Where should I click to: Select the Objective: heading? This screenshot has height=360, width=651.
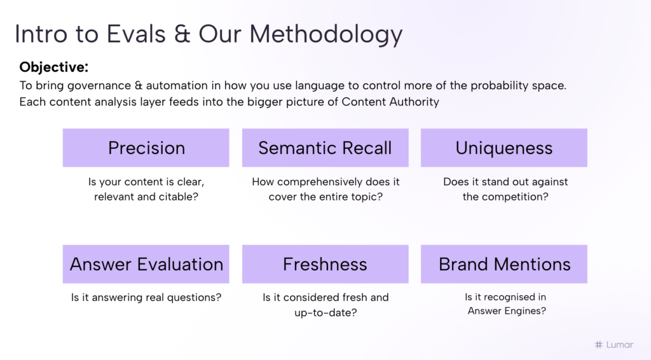point(54,67)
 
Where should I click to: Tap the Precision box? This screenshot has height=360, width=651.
point(146,148)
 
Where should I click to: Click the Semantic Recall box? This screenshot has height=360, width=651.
point(325,148)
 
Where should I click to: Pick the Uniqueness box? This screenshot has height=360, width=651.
point(504,148)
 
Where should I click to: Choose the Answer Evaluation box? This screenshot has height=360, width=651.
point(146,264)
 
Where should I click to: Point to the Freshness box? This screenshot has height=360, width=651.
point(325,264)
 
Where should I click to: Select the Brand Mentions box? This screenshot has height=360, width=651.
point(504,264)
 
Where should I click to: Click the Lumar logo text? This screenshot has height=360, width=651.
point(619,344)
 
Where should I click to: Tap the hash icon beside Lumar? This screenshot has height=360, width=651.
point(598,344)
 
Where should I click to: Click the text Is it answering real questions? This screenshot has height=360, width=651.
point(146,297)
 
